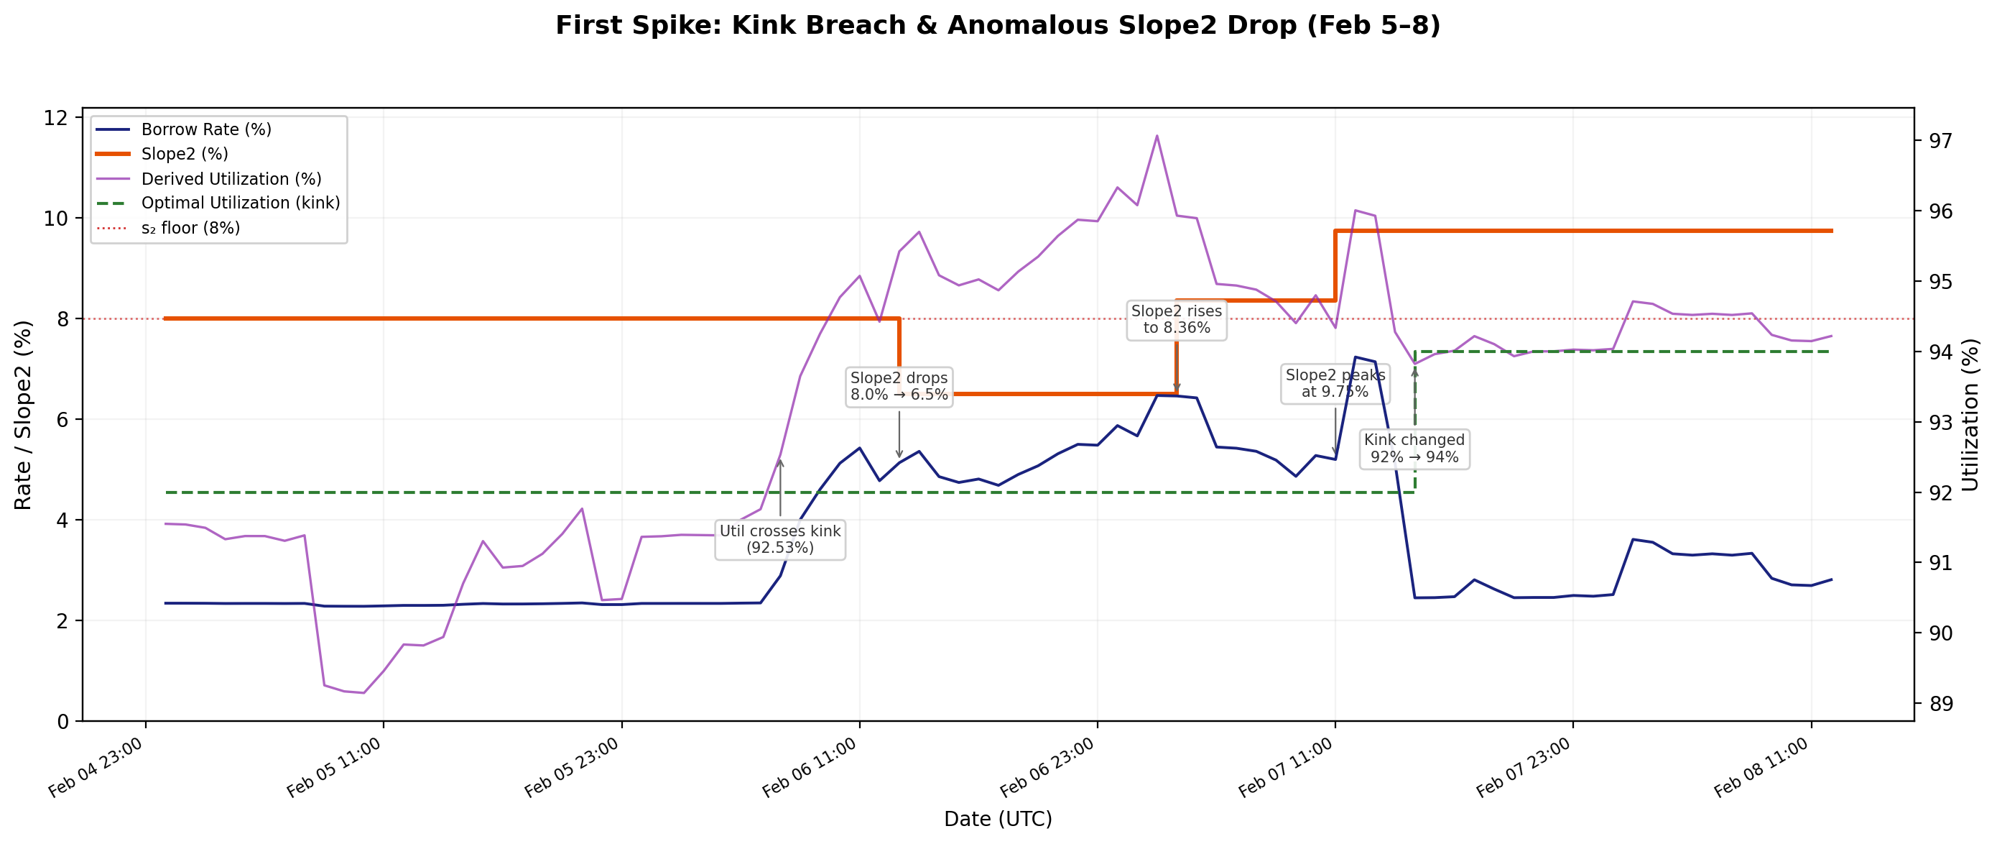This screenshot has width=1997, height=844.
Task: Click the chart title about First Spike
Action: click(x=998, y=26)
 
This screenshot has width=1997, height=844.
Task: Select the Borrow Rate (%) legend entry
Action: click(x=205, y=129)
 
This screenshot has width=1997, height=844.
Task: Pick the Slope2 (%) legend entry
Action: click(x=185, y=155)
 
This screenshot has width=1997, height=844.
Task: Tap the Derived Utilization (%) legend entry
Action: click(x=231, y=179)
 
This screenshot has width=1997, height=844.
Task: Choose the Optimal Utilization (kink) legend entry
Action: click(x=241, y=203)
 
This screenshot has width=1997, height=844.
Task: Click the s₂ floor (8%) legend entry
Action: click(x=190, y=228)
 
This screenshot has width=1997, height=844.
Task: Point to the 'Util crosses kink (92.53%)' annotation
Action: click(x=780, y=539)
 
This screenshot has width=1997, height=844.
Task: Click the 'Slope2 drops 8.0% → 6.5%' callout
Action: click(x=899, y=386)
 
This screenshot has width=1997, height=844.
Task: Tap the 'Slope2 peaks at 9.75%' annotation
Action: click(x=1334, y=383)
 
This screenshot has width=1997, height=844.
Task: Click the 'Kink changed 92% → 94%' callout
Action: click(x=1414, y=449)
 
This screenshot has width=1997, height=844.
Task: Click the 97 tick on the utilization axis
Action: click(x=1941, y=141)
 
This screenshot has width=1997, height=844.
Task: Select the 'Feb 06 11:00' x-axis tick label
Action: click(x=810, y=768)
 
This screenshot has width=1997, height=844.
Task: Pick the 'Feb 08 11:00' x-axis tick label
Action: click(x=1761, y=768)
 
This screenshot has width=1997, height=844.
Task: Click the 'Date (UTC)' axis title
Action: click(x=998, y=819)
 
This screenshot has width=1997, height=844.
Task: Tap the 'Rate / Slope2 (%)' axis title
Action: click(x=23, y=415)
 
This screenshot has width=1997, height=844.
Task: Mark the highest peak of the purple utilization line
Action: click(x=1157, y=136)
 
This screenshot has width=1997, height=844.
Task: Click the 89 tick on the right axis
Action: click(x=1941, y=704)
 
